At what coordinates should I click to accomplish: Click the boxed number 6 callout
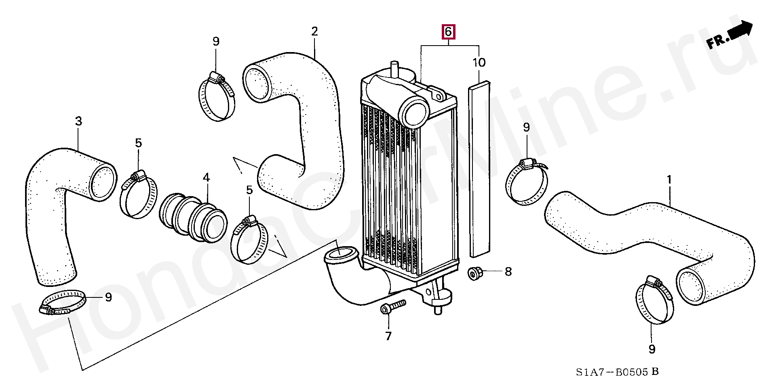click(x=448, y=32)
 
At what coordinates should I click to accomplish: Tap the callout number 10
click(x=479, y=63)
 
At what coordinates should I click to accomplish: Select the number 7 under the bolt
click(x=388, y=336)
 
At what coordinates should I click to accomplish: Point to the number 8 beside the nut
click(x=508, y=272)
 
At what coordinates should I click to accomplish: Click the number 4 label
click(x=206, y=177)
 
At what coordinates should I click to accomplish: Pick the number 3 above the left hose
click(x=78, y=121)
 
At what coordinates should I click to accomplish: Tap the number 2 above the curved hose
click(x=314, y=31)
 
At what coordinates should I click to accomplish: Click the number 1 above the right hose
click(x=669, y=179)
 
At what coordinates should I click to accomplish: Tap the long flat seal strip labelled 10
click(x=480, y=169)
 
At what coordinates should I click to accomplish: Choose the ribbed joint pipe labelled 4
click(x=193, y=218)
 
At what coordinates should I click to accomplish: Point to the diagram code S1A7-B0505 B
click(x=617, y=372)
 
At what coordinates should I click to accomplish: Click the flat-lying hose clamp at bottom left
click(x=63, y=303)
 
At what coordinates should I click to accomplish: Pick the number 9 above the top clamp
click(x=216, y=41)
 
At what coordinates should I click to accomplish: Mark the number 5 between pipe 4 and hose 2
click(x=249, y=190)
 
